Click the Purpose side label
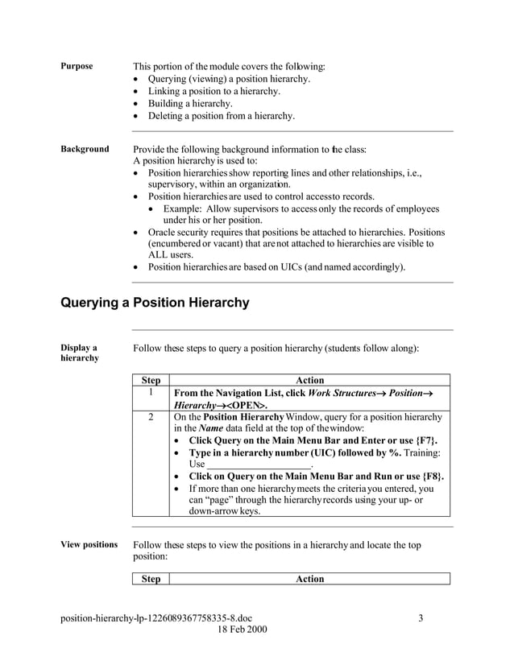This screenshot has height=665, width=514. (77, 66)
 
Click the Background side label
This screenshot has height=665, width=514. (85, 149)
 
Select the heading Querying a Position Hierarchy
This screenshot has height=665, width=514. (155, 303)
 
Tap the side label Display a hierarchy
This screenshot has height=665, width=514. (79, 353)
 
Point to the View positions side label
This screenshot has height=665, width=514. (89, 545)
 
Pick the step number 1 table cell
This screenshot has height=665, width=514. (150, 392)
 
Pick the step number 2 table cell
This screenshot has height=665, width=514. (150, 417)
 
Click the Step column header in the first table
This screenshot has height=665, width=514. (151, 380)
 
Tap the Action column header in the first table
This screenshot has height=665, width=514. (309, 380)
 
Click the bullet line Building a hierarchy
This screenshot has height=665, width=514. (190, 103)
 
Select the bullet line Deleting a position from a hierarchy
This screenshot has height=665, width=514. (221, 115)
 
